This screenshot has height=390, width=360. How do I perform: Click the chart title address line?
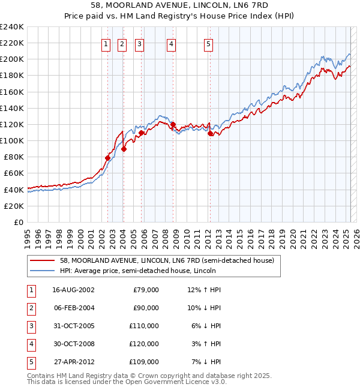tap(180, 5)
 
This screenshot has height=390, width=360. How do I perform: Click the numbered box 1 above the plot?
tap(106, 43)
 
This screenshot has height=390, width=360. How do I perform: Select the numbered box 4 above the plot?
tap(171, 43)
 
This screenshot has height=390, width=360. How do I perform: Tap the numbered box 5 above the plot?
tap(208, 43)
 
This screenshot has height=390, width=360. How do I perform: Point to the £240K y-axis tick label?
tap(12, 27)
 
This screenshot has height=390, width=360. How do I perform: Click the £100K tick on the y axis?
tap(12, 140)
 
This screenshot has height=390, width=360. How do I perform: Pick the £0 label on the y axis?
tap(18, 222)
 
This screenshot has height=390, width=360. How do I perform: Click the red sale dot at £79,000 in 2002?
tap(108, 158)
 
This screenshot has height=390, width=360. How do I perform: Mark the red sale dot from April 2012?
tap(210, 134)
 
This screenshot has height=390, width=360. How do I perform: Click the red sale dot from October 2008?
tap(173, 125)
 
